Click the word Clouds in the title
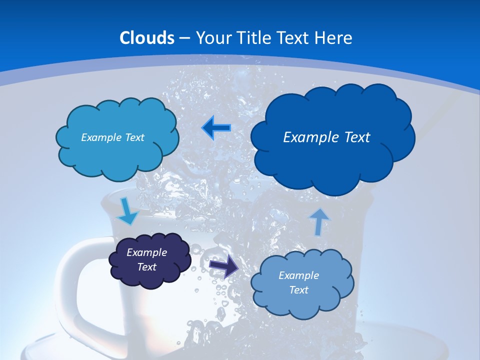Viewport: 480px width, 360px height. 147,38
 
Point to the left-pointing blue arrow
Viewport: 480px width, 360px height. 216,128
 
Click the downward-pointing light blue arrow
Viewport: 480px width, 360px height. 128,211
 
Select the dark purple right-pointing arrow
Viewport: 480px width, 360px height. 224,267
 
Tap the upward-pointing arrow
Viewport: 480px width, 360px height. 319,221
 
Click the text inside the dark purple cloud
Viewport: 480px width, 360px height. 147,259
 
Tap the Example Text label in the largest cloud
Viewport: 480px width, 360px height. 326,137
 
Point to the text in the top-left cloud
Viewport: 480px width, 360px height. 112,137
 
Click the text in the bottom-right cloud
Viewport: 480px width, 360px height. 298,282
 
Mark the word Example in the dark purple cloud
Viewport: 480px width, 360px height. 147,252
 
